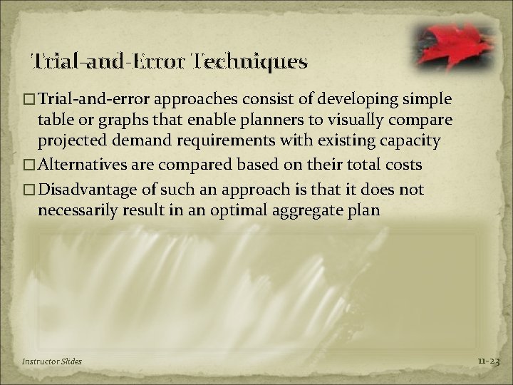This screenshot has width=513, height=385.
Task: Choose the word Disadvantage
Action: click(92, 189)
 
